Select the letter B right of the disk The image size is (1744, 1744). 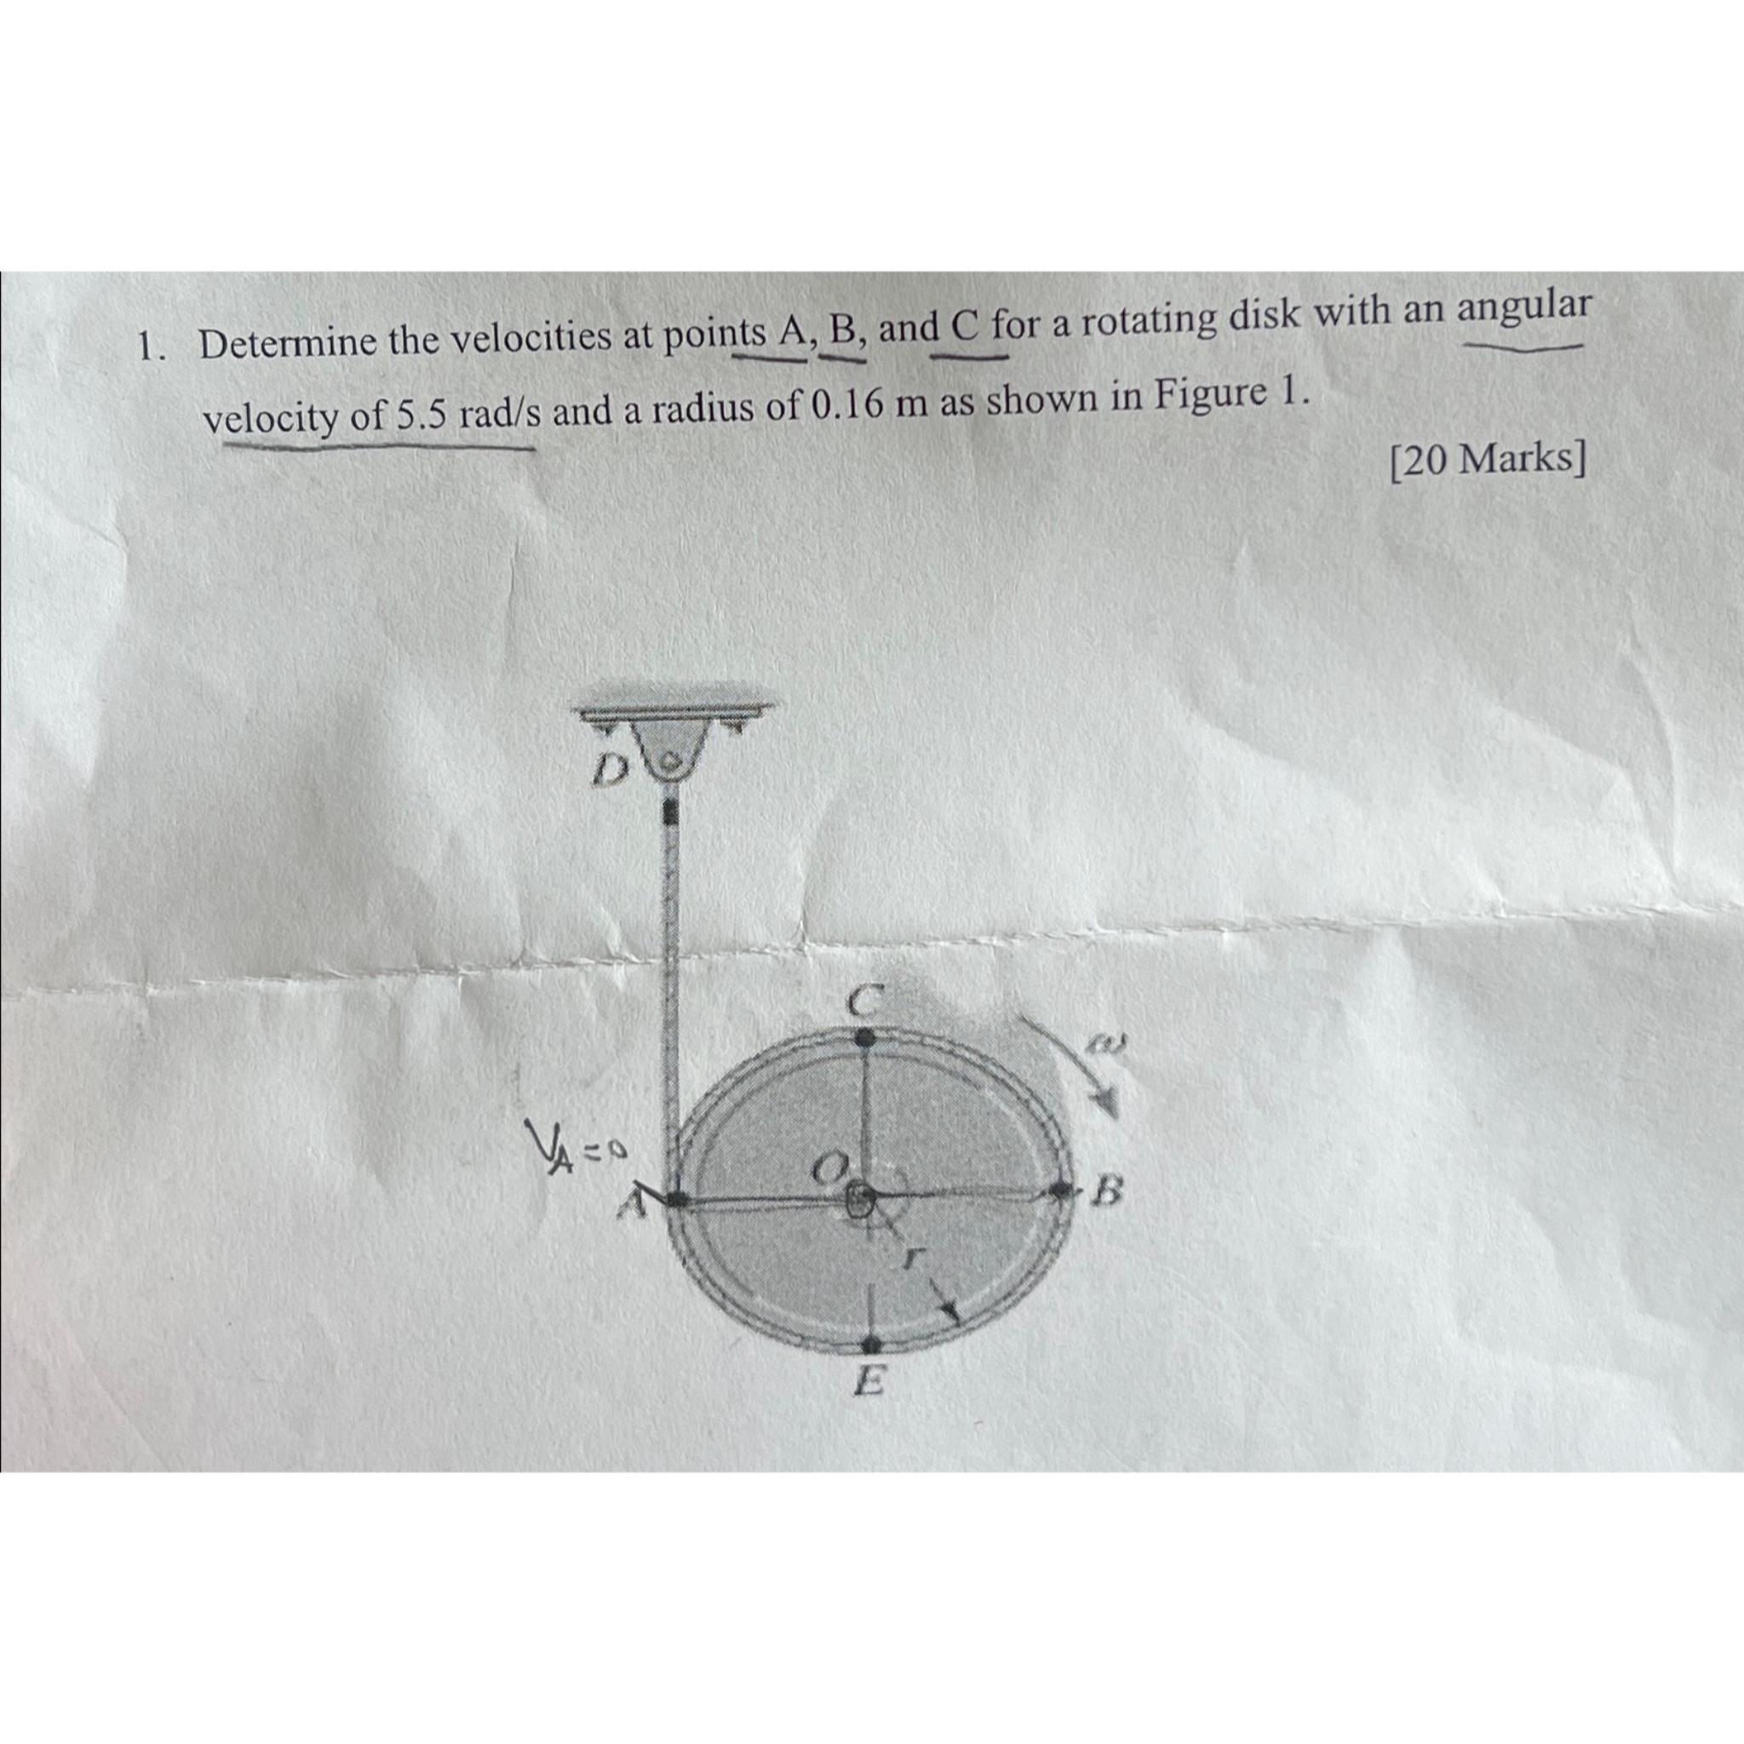coord(1107,1196)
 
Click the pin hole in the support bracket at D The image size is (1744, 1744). coord(673,759)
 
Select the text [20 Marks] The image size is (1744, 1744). coord(1487,462)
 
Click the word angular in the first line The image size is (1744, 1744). coord(1523,307)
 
